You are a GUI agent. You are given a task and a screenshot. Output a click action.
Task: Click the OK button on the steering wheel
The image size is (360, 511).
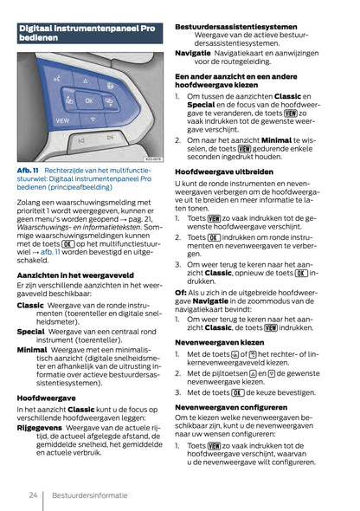(x=88, y=100)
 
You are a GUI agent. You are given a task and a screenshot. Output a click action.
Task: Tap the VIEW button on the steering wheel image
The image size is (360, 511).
(x=63, y=120)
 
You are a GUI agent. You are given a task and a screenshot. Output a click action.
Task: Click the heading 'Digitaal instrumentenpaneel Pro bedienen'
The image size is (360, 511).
(x=87, y=34)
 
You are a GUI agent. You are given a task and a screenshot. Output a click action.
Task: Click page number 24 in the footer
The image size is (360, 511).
(x=32, y=495)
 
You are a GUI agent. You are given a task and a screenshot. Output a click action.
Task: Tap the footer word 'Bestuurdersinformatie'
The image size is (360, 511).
(x=91, y=495)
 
